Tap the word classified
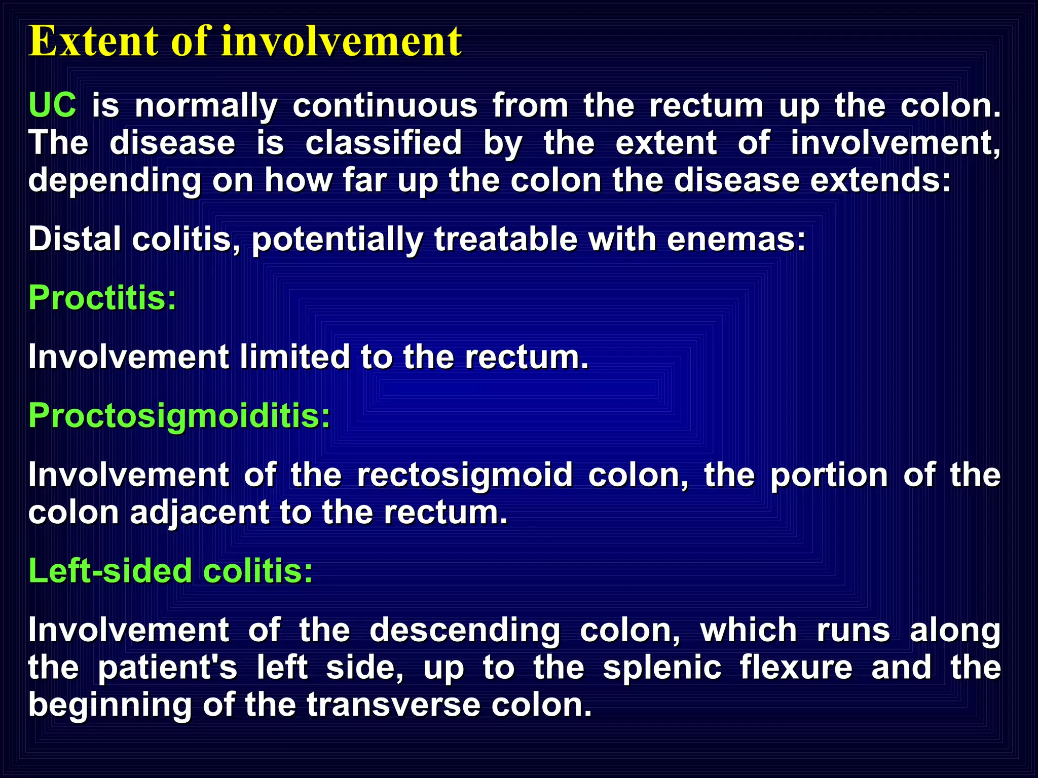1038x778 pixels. (x=383, y=143)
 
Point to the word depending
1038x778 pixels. (x=115, y=181)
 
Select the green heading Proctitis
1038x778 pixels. (x=102, y=298)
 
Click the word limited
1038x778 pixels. (x=294, y=357)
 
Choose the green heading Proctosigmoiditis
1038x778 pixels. (x=179, y=415)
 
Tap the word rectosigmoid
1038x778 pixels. (x=465, y=475)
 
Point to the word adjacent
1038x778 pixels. (x=199, y=513)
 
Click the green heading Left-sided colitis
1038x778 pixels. (x=170, y=571)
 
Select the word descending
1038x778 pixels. (x=465, y=631)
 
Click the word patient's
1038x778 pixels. (x=167, y=668)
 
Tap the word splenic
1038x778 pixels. (x=661, y=668)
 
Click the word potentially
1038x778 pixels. (x=338, y=240)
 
